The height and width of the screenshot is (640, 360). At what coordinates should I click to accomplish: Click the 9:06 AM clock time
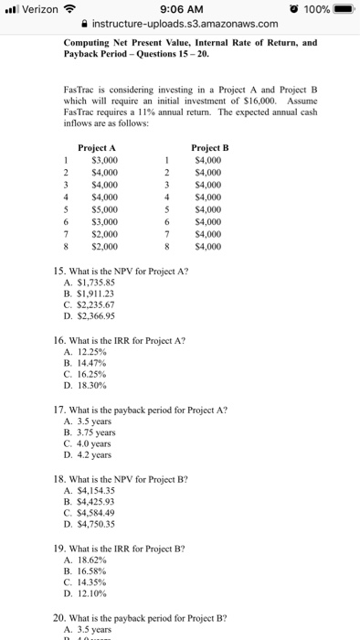(x=181, y=10)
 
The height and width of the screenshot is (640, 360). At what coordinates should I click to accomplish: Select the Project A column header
(x=98, y=147)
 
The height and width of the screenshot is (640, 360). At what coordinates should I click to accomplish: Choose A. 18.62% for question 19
(x=90, y=558)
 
